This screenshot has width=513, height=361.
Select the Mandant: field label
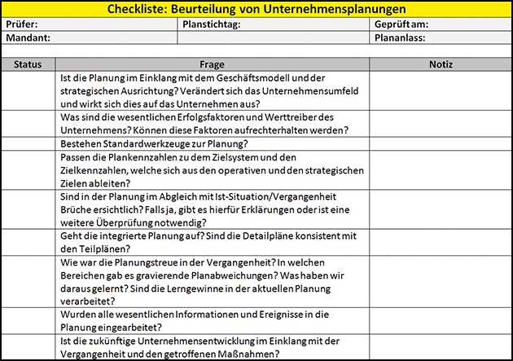click(27, 37)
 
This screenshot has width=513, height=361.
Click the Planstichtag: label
click(210, 24)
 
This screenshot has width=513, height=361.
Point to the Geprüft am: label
click(402, 24)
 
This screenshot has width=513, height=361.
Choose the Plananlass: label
click(401, 37)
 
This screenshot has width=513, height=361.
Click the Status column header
click(29, 64)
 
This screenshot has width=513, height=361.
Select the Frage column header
click(212, 64)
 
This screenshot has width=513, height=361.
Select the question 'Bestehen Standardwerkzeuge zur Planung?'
click(156, 143)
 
